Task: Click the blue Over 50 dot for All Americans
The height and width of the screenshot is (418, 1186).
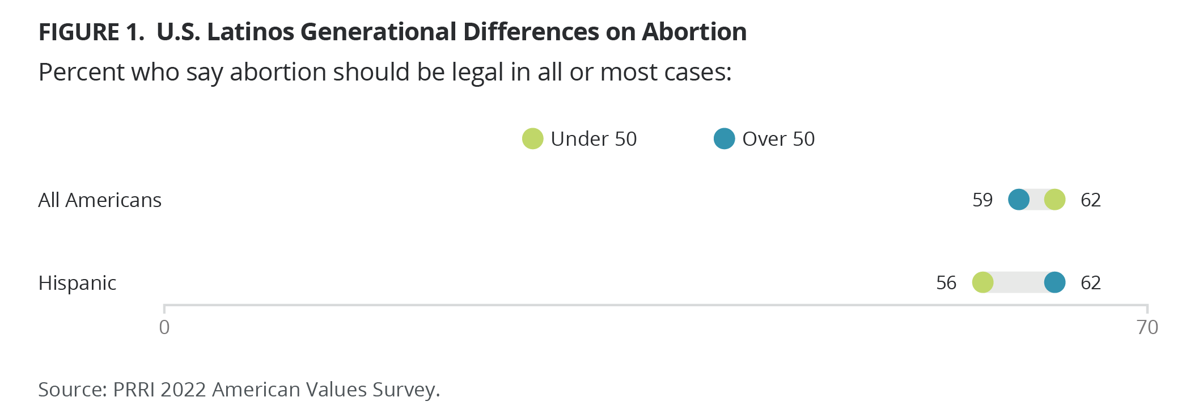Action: [1019, 200]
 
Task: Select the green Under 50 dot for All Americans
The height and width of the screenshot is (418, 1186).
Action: [1054, 200]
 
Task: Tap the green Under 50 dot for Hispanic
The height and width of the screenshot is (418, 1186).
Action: [982, 282]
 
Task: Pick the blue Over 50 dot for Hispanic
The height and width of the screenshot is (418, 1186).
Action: [1054, 282]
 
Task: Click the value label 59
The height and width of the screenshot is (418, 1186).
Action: [982, 200]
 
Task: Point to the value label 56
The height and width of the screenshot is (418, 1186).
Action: [946, 283]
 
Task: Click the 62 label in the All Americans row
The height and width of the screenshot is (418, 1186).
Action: [1091, 200]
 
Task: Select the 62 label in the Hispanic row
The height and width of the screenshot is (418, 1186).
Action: [1091, 283]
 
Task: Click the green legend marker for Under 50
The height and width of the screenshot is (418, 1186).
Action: [532, 138]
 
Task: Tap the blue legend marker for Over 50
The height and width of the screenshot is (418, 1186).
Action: [724, 138]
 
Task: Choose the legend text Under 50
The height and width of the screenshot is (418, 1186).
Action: [594, 139]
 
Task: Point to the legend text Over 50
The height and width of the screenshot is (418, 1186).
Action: [778, 139]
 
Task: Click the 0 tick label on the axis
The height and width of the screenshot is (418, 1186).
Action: [164, 327]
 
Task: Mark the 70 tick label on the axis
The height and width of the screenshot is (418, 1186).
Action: [1147, 327]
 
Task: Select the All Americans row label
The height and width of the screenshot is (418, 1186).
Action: [100, 200]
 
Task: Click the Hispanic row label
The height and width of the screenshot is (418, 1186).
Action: [77, 283]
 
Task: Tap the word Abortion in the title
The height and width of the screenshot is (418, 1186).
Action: [694, 32]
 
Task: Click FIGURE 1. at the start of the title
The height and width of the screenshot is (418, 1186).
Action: [91, 32]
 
